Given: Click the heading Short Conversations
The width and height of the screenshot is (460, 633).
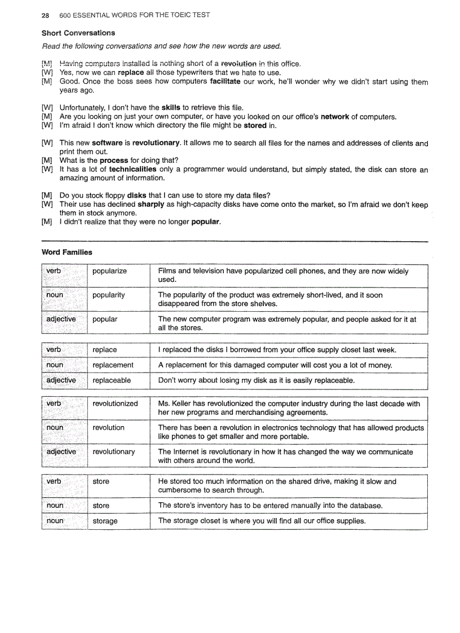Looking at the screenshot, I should (x=78, y=33).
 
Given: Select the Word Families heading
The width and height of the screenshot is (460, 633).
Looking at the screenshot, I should (x=67, y=252).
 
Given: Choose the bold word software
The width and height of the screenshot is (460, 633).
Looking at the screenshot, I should (x=107, y=143).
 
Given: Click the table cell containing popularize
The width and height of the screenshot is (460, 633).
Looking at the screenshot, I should (x=109, y=271).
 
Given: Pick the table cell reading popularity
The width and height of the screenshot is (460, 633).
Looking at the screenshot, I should (x=108, y=295).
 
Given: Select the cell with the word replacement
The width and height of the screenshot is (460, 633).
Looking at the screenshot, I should (x=113, y=365).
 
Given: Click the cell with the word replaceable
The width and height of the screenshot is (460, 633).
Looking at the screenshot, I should (x=111, y=380).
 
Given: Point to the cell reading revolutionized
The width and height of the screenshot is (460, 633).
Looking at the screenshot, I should (x=115, y=404).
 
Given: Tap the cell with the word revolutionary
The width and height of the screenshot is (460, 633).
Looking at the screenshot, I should (x=113, y=451).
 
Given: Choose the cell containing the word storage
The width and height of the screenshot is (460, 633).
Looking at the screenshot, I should (x=105, y=521).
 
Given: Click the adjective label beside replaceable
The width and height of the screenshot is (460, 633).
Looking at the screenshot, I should (x=61, y=380).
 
